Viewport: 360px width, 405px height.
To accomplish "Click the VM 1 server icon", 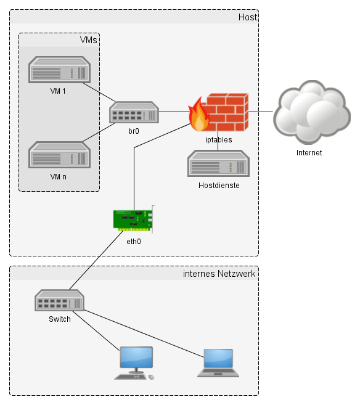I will [60, 70].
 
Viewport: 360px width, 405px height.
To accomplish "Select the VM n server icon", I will [60, 155].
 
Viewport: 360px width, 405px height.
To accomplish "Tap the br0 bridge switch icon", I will [134, 113].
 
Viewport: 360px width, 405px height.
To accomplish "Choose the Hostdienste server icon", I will [218, 164].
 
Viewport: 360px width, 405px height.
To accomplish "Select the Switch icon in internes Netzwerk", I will [59, 301].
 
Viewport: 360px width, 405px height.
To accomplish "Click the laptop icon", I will [218, 362].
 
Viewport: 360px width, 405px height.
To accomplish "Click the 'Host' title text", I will [247, 17].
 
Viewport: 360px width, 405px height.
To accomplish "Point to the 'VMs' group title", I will [89, 40].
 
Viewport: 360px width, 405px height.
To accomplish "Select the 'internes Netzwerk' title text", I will [219, 274].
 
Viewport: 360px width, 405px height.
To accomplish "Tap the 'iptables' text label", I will [218, 140].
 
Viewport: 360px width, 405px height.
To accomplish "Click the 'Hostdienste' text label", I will [219, 185].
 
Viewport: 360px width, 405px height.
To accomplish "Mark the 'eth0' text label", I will [134, 242].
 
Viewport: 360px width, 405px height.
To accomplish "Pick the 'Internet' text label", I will [309, 152].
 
